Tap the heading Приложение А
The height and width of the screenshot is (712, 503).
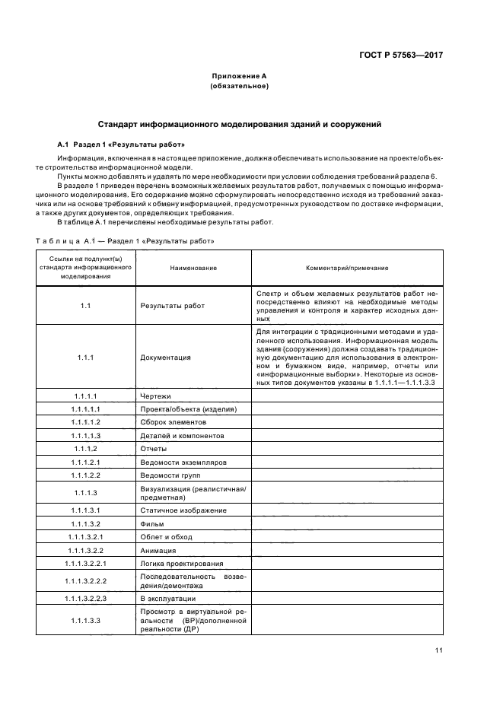[239, 76]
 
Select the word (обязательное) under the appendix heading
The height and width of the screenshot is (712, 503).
[239, 87]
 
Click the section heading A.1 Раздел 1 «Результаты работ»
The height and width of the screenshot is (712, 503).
[121, 144]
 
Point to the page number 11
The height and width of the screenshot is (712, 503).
[439, 650]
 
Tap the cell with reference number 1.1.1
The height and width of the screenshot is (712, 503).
[86, 357]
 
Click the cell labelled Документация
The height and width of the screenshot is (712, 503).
[165, 357]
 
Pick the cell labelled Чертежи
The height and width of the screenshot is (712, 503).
[156, 396]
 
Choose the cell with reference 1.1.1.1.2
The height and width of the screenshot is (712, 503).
[86, 422]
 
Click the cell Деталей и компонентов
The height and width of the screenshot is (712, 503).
[182, 435]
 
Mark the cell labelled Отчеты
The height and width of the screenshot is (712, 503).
[154, 448]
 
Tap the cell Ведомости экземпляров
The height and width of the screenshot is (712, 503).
[183, 462]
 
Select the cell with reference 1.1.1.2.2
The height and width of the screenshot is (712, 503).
[86, 475]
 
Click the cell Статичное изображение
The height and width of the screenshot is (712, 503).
[183, 510]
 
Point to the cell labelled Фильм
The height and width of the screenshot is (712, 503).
[152, 523]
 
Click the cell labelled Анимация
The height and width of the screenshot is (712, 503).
[158, 549]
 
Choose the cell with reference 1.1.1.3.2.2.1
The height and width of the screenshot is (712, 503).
[86, 563]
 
